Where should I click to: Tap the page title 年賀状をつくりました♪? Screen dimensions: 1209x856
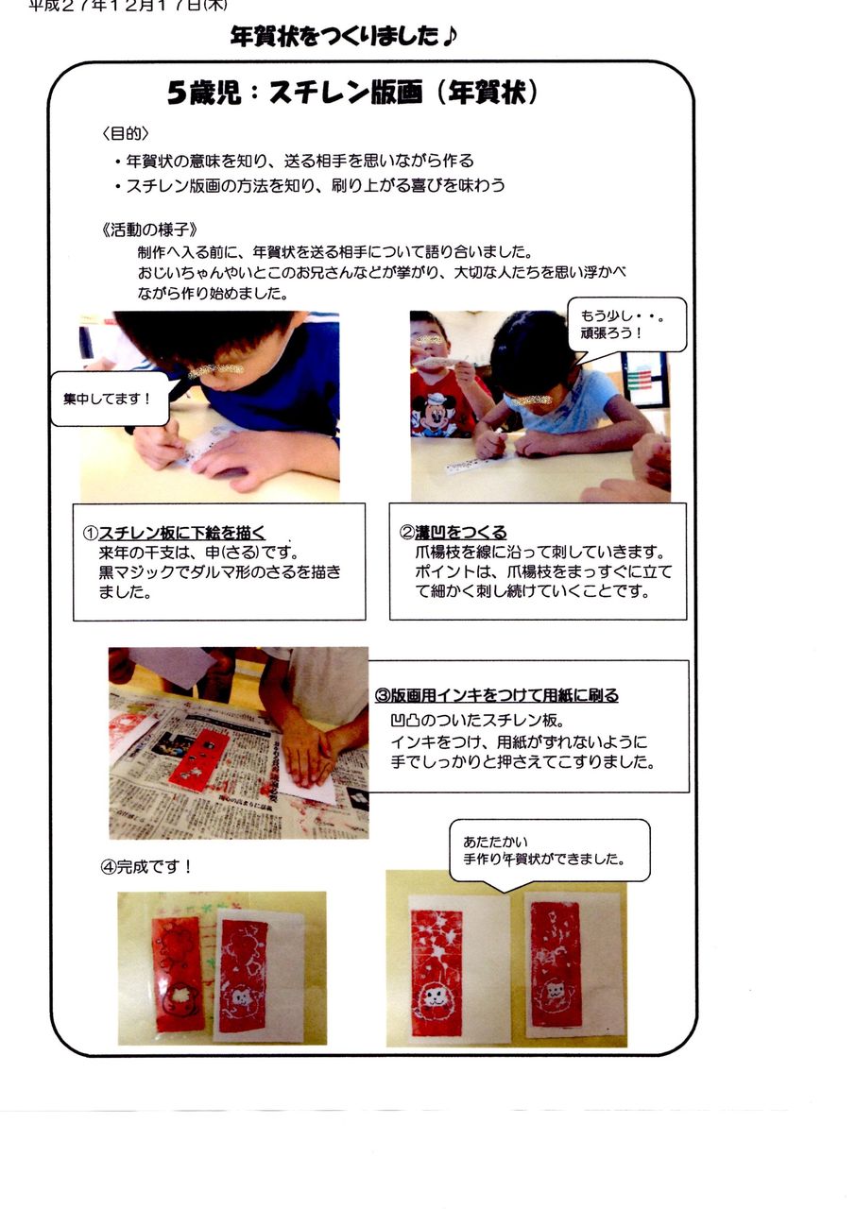click(x=344, y=37)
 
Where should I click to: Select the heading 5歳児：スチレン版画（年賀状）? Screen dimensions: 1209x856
click(x=352, y=93)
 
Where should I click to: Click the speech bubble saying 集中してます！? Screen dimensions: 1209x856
click(x=108, y=399)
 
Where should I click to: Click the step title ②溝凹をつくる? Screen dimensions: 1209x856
click(x=454, y=533)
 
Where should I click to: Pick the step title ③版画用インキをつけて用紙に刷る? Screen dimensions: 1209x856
click(x=497, y=695)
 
